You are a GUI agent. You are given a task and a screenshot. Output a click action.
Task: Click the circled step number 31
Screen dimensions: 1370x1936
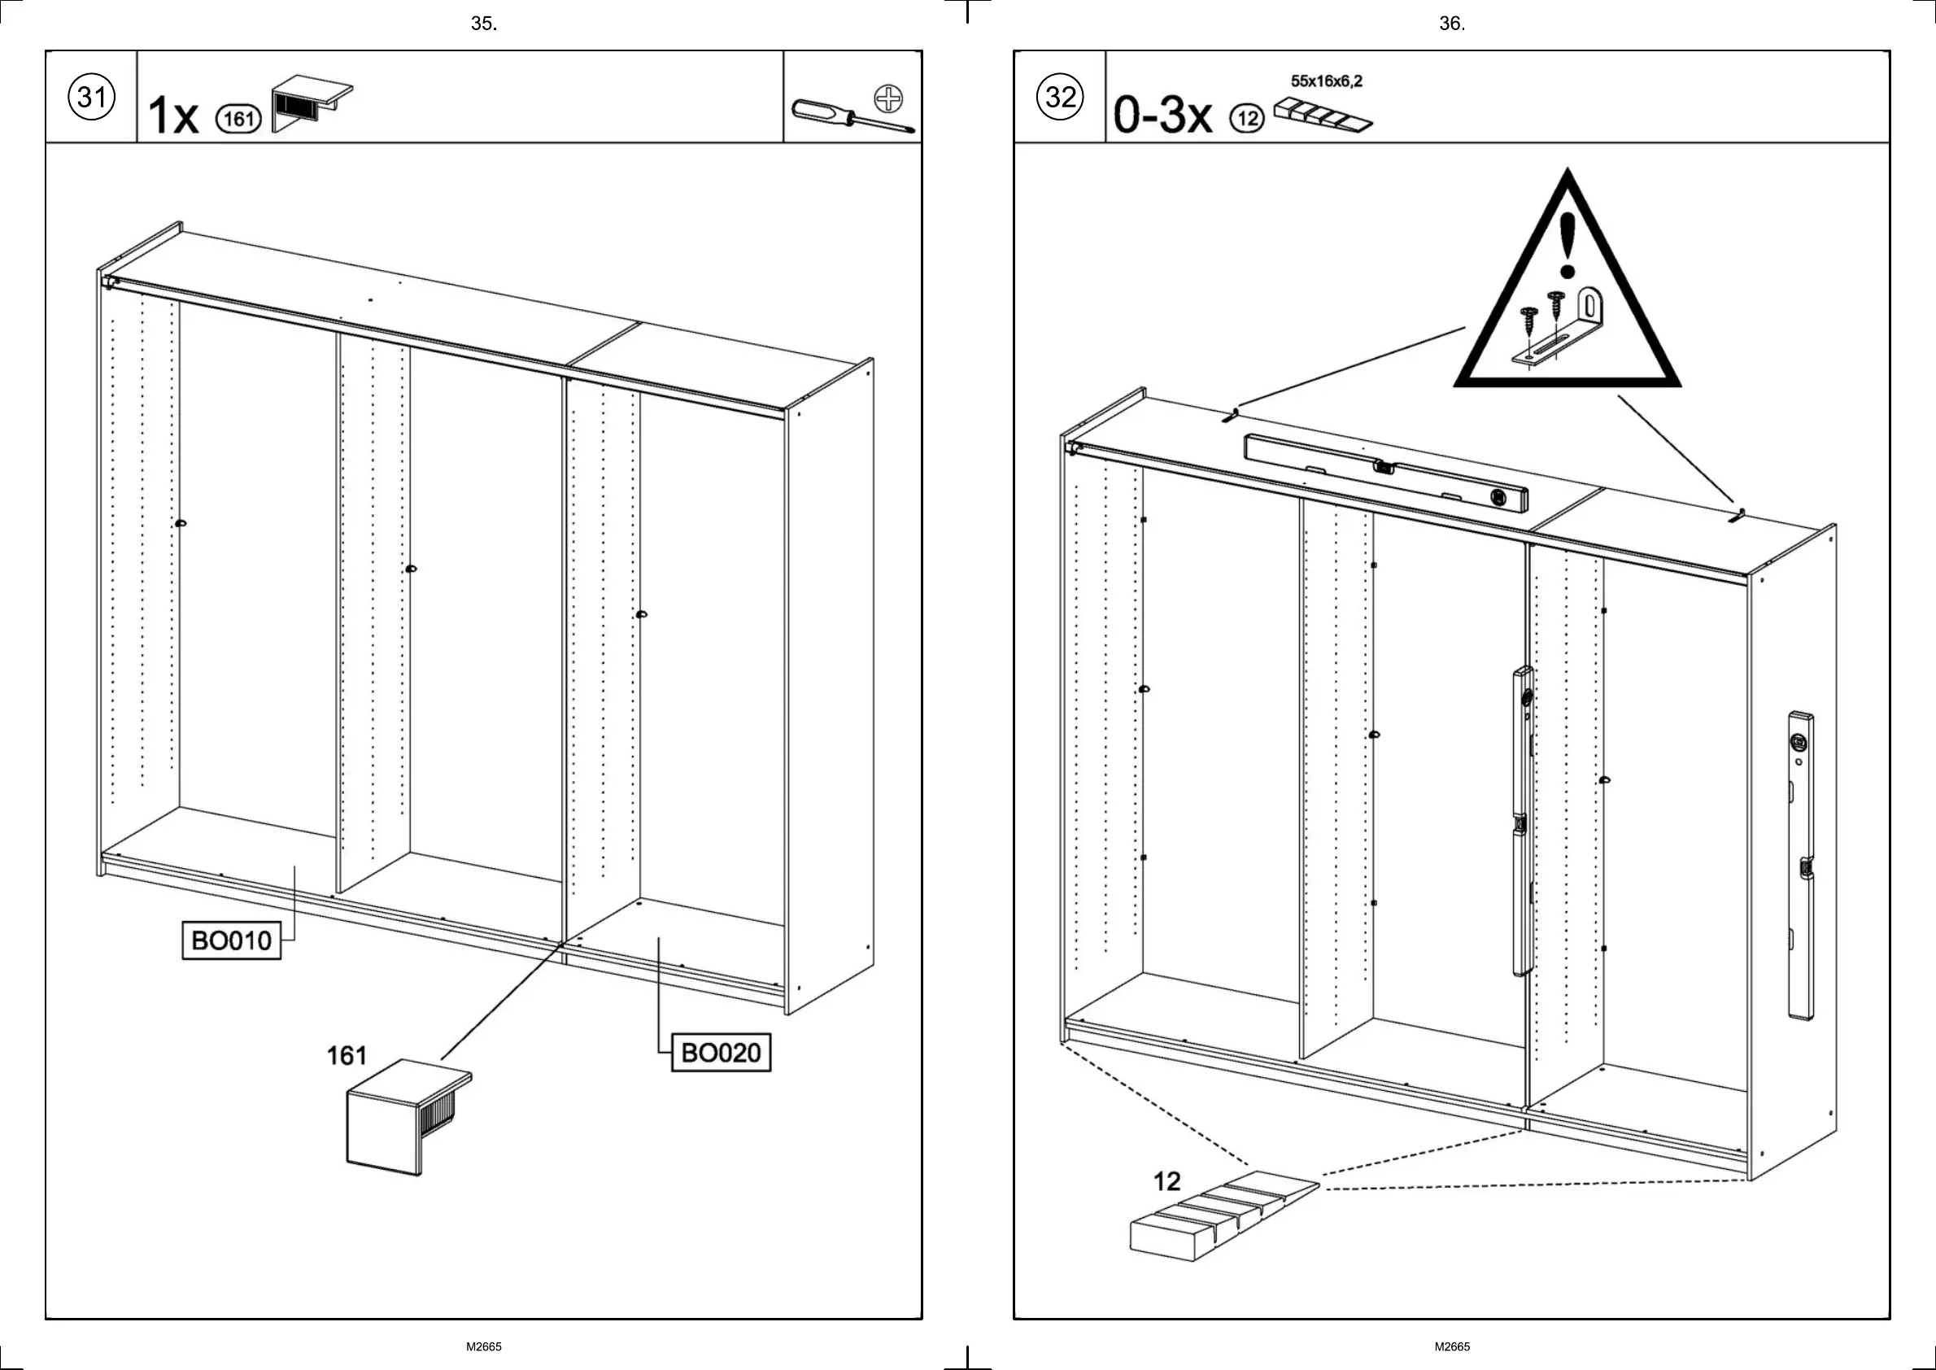pos(91,97)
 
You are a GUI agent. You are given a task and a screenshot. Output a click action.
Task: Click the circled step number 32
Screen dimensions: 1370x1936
pos(1060,97)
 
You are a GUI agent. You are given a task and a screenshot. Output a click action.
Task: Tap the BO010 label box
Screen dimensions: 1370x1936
pos(231,940)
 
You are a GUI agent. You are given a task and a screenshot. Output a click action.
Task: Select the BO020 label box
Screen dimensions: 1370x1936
pos(721,1052)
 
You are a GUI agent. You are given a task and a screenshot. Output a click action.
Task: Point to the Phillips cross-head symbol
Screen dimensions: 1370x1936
pos(888,98)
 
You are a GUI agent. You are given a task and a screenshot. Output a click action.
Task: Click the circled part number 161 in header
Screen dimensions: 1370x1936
pos(238,119)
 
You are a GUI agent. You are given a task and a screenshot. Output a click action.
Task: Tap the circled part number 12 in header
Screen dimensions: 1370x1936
pos(1247,119)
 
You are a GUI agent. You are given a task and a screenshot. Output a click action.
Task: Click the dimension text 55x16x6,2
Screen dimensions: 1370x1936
pos(1326,81)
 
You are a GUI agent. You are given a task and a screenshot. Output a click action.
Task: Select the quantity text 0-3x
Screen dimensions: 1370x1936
pos(1162,115)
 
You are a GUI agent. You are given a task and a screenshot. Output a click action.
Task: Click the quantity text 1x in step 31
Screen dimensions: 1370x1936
pos(173,116)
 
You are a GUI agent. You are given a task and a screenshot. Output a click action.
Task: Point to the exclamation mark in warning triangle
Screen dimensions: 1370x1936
pos(1568,245)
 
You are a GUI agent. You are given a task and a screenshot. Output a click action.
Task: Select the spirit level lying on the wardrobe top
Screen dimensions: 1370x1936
pos(1385,473)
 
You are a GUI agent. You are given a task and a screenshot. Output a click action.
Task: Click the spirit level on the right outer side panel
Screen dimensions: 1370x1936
pos(1800,866)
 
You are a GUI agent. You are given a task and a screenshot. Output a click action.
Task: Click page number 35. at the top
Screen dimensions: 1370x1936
pos(483,24)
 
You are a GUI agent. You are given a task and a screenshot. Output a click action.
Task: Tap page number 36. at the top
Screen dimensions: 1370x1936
pos(1452,24)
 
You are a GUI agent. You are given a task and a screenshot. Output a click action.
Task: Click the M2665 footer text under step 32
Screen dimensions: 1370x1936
pos(1452,1346)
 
